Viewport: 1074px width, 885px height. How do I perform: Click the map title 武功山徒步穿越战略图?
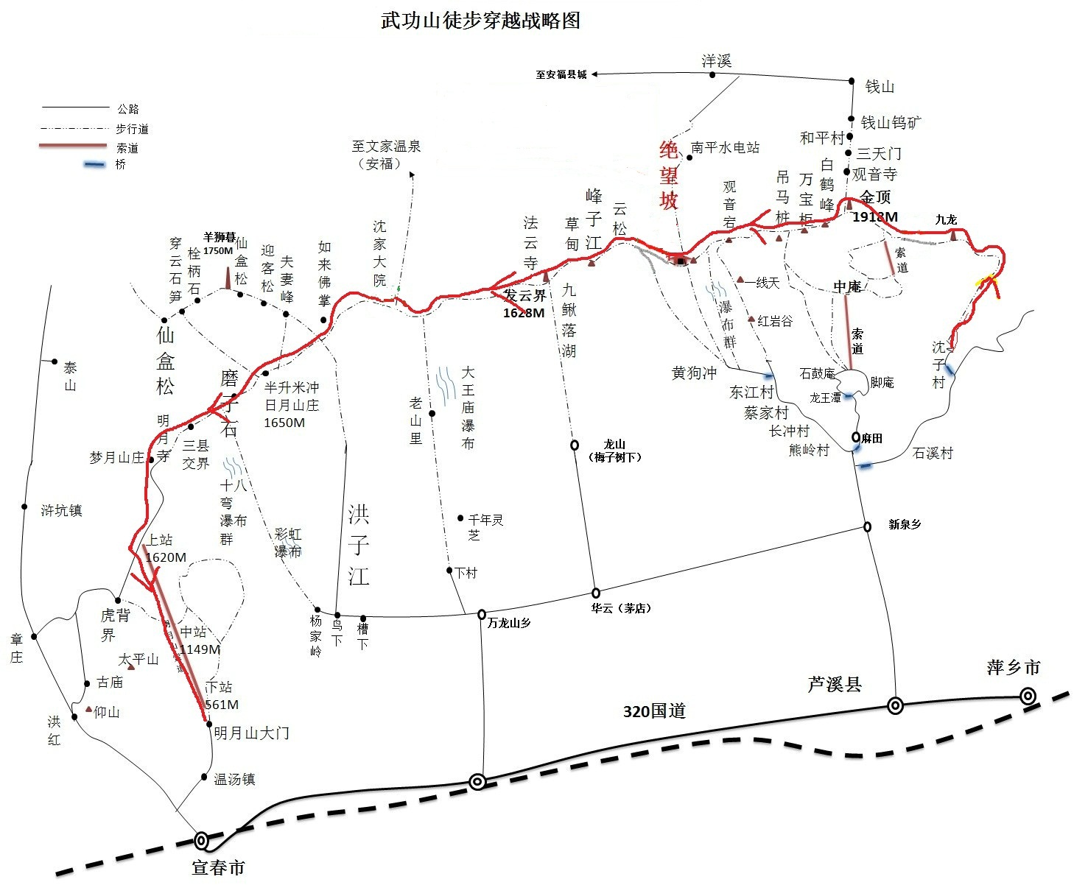tap(480, 20)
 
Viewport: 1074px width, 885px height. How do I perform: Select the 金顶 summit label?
tap(875, 197)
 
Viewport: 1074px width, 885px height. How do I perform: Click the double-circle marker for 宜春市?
tap(201, 839)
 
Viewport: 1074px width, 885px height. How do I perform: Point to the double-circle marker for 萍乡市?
tap(1027, 696)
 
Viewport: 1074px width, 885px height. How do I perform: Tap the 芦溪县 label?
tap(835, 685)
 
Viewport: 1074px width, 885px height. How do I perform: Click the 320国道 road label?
tap(654, 711)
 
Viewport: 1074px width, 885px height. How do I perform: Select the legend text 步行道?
tap(132, 129)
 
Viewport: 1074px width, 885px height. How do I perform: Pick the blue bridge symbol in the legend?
tap(94, 164)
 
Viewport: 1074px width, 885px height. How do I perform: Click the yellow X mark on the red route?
tap(986, 281)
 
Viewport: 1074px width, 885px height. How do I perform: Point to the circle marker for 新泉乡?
tap(868, 526)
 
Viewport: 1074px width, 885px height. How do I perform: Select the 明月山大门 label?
tap(251, 733)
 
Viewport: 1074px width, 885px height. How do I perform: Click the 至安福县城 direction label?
tap(561, 74)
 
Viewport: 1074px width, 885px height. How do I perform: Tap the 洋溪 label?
tap(716, 61)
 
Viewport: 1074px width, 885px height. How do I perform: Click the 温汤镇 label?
tap(234, 779)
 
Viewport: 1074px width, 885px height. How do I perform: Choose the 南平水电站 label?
tap(725, 147)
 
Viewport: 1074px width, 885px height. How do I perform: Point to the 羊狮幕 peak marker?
tap(228, 278)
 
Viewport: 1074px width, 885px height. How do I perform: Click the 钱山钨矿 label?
tap(891, 122)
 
